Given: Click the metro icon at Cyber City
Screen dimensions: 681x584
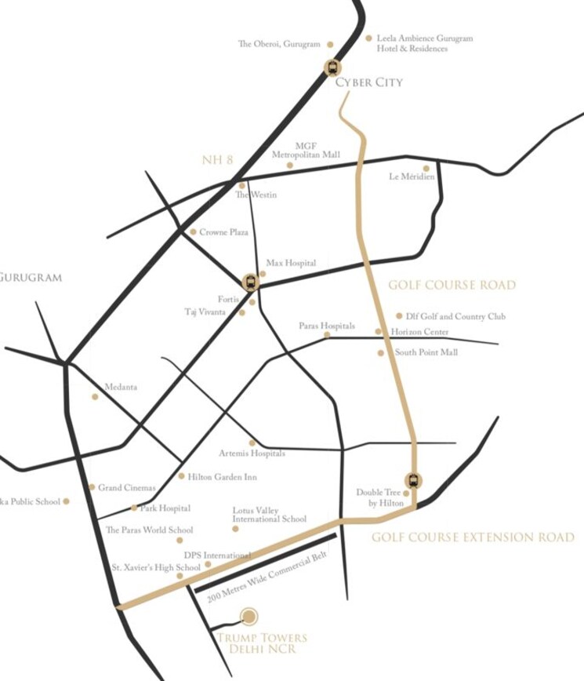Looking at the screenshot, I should (x=332, y=67).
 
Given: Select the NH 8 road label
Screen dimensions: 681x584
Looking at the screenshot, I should (x=218, y=160).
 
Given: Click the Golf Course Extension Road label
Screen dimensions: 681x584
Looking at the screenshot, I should (x=473, y=537).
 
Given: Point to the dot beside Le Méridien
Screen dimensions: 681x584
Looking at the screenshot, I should (x=426, y=168).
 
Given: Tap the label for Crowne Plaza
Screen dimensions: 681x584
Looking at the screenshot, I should (x=223, y=232).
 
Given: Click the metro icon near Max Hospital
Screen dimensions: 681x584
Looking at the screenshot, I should (x=250, y=280).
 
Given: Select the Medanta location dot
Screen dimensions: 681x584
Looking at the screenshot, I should (x=96, y=396).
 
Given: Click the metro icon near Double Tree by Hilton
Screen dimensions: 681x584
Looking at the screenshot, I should (x=412, y=480).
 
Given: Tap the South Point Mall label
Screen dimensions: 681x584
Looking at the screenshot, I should (x=426, y=353).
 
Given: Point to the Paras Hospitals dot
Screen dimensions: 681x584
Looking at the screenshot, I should (x=328, y=336).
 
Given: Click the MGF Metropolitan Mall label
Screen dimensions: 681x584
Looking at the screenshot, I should (x=305, y=151).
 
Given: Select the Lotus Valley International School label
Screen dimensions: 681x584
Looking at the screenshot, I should (x=269, y=515).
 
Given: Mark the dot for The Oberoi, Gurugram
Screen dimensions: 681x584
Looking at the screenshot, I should (x=330, y=45).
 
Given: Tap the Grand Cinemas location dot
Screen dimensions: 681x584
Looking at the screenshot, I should (x=92, y=487).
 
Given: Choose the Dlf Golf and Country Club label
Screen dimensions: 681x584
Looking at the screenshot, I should (x=455, y=316).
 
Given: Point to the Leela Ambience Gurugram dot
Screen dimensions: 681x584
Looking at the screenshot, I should (x=368, y=37).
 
